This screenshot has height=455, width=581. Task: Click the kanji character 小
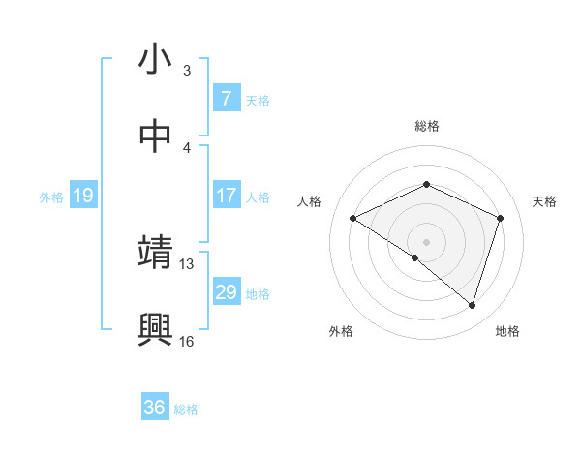pos(155,59)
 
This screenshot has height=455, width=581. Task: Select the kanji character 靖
pos(155,253)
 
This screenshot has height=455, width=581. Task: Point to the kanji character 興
pos(155,329)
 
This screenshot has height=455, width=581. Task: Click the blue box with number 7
pos(226,98)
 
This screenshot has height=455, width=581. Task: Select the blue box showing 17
pos(226,196)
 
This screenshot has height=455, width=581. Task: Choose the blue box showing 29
pos(226,292)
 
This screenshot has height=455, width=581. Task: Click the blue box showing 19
pos(82,196)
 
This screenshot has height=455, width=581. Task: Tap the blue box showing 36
pos(154,408)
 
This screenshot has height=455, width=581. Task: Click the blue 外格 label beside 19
pos(51,197)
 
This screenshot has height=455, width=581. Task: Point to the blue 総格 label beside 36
pos(186,409)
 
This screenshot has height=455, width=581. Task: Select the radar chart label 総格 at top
pos(426,126)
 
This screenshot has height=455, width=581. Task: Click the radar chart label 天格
pos(544,201)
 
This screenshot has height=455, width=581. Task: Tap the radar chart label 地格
pos(507,331)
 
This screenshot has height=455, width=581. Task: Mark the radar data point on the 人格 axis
pos(353,219)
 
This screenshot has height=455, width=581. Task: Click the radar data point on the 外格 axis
pos(415,258)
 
